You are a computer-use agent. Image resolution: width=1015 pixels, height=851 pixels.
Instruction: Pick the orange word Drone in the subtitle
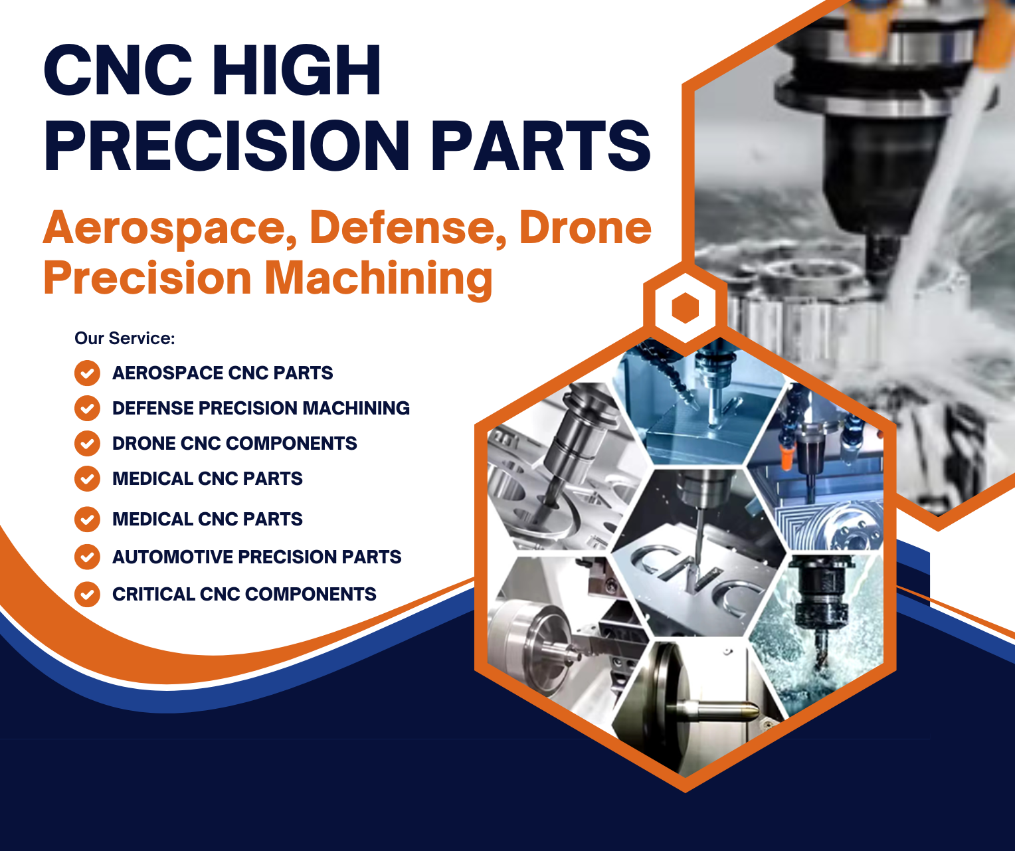coord(585,227)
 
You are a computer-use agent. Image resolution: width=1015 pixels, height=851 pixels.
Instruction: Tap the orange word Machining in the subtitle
coord(379,278)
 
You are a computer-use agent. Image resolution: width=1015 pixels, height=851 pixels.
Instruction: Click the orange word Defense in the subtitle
coord(403,227)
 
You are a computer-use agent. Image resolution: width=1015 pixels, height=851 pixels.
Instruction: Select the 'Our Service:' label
coord(124,338)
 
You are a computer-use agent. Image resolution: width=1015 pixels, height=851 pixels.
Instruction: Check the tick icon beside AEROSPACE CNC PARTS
coord(87,373)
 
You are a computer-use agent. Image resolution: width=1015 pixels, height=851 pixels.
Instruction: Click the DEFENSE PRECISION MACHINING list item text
coord(260,408)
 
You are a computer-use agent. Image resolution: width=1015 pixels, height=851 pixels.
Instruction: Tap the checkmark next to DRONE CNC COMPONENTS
coord(87,443)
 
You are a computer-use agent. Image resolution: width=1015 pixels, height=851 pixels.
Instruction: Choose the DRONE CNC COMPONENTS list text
coord(234,443)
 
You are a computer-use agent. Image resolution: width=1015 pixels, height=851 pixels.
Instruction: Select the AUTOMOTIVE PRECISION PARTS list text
coord(256,557)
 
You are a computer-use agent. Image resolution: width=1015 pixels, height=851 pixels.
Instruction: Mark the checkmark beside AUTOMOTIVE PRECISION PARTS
coord(87,557)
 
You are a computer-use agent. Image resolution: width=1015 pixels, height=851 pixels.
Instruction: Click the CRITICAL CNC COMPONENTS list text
coord(244,594)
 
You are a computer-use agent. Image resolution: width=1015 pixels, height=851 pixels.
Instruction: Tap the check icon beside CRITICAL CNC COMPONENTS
coord(87,594)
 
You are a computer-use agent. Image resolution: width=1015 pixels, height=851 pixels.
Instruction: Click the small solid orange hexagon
coord(685,308)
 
